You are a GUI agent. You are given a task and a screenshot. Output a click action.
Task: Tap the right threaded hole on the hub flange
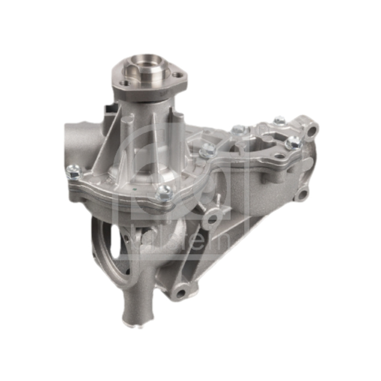click(x=177, y=75)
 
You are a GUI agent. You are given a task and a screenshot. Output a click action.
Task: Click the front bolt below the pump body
click(x=163, y=192)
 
